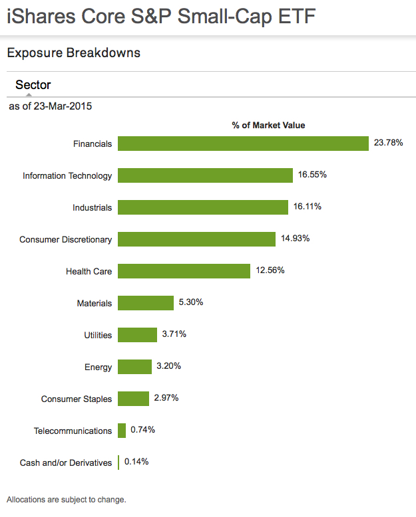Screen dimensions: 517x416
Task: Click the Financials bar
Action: coord(243,144)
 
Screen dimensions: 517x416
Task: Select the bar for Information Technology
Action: coord(205,175)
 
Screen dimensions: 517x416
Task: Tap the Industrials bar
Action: coord(203,207)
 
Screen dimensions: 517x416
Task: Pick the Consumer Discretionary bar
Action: coord(196,239)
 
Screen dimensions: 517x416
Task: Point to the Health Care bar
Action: coord(184,271)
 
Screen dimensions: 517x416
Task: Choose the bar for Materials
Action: coord(146,303)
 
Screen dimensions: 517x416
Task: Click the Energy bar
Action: coord(134,367)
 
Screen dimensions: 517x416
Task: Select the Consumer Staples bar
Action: coord(133,399)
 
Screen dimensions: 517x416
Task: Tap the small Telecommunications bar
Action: coord(122,431)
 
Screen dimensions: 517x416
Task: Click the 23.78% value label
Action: coord(389,143)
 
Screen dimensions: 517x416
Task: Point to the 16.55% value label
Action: coord(313,175)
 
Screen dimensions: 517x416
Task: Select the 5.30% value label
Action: coord(190,302)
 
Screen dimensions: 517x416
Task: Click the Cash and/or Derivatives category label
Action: coord(66,463)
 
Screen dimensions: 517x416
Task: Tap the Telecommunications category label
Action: coord(73,431)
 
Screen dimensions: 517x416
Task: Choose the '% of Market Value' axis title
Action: coord(268,125)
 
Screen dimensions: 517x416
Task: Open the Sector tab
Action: coord(33,85)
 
